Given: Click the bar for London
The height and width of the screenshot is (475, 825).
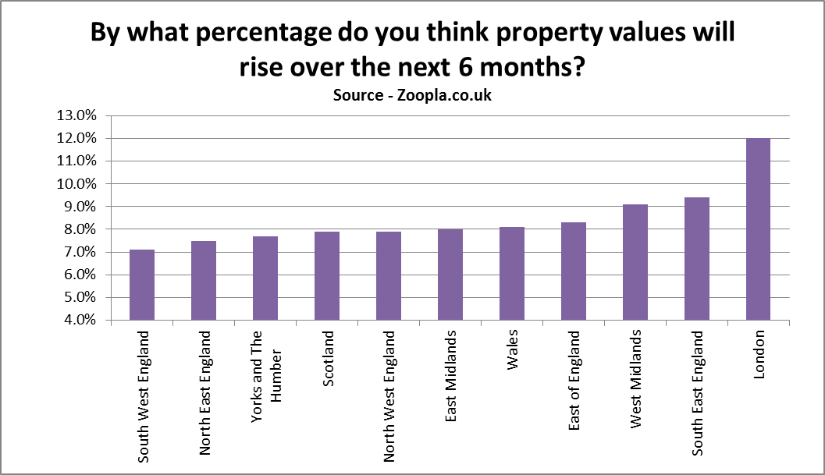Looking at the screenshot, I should [x=758, y=229].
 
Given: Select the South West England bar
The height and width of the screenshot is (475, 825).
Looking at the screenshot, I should [x=142, y=285].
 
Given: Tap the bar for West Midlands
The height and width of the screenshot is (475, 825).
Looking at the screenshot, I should [x=635, y=262].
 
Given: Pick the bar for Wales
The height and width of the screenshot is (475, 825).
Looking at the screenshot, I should [x=512, y=274].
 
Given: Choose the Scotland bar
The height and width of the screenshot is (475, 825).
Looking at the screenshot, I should [x=327, y=276].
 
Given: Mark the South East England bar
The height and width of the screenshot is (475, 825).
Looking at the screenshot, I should [x=697, y=259].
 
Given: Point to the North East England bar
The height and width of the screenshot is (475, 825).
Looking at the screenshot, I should [x=204, y=281].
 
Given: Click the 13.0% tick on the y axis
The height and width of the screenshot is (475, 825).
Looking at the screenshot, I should [x=76, y=115].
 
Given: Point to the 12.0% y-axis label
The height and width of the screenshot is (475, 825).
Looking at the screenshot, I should [x=76, y=138].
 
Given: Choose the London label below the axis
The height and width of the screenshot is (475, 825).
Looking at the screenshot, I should [x=759, y=355].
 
